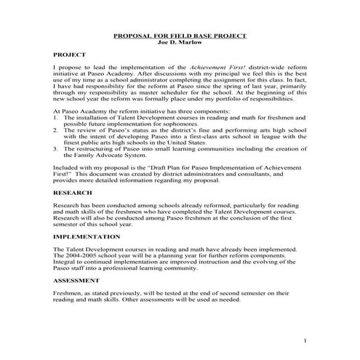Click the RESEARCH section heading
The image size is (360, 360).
(x=73, y=193)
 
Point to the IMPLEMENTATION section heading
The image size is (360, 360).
(x=87, y=237)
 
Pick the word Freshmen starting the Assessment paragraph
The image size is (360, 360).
(x=68, y=292)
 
